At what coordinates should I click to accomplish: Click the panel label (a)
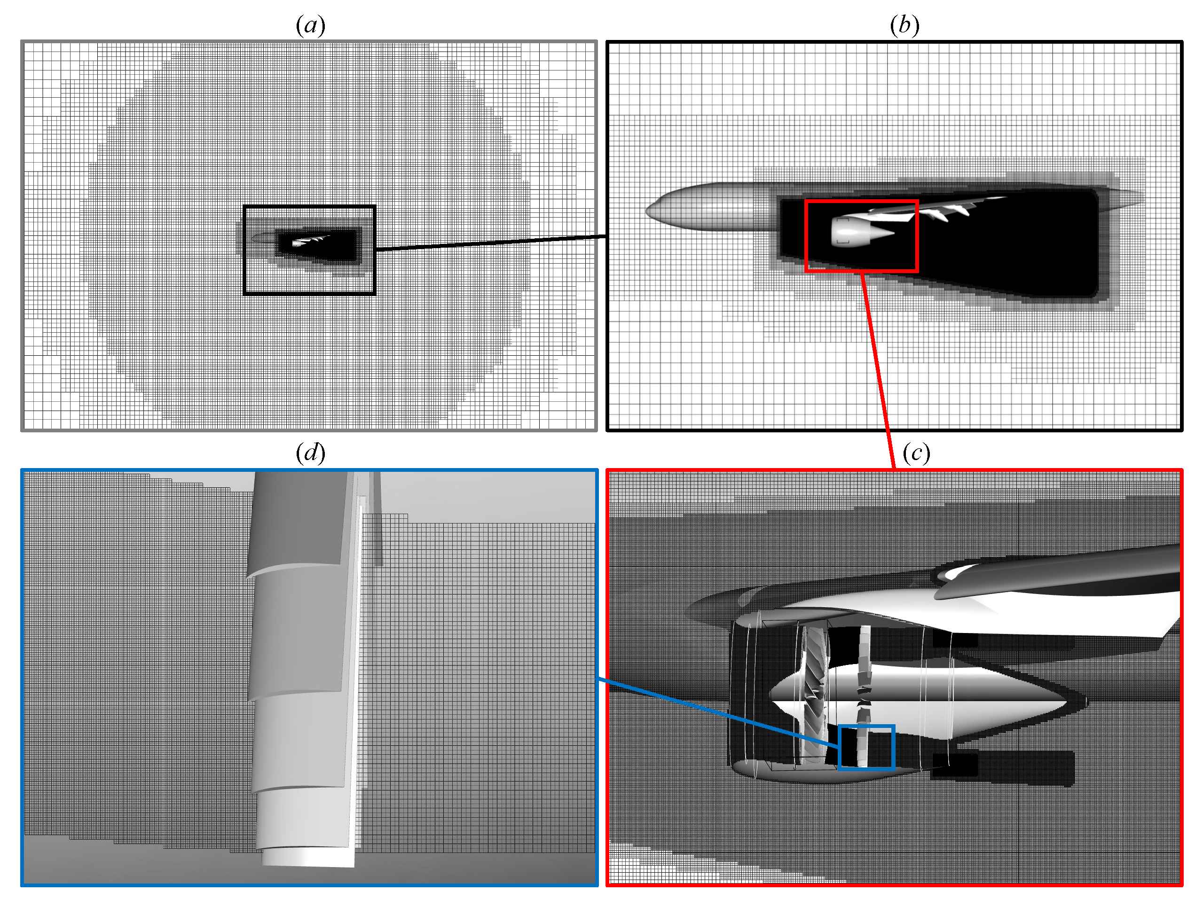point(310,25)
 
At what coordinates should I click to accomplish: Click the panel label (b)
point(904,25)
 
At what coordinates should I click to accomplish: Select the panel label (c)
point(916,453)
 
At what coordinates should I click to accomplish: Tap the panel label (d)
point(310,453)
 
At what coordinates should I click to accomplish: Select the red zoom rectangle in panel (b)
point(861,202)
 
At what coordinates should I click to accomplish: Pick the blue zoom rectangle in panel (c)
point(866,727)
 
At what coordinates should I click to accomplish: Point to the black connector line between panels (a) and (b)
point(489,243)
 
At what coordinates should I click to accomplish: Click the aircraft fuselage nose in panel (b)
point(653,211)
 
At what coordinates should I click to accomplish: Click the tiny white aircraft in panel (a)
point(310,240)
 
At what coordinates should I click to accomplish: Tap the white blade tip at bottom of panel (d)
point(307,858)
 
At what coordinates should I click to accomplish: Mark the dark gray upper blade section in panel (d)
point(296,516)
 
